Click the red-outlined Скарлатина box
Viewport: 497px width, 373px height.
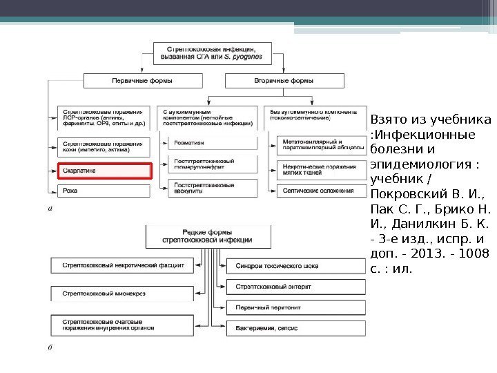104,171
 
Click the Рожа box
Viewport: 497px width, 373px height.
104,190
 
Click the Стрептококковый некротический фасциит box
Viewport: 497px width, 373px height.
123,265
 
